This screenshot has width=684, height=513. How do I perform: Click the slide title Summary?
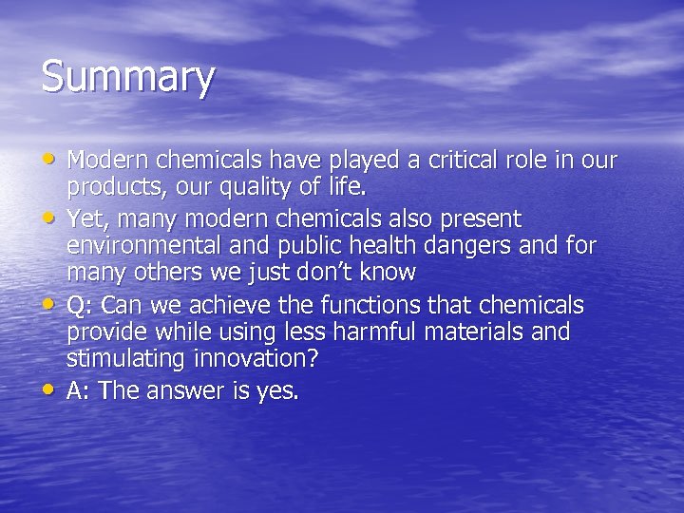point(127,78)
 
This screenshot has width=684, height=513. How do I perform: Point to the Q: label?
point(80,305)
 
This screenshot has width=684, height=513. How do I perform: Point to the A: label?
point(79,390)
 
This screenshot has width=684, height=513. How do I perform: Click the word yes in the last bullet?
point(277,391)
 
